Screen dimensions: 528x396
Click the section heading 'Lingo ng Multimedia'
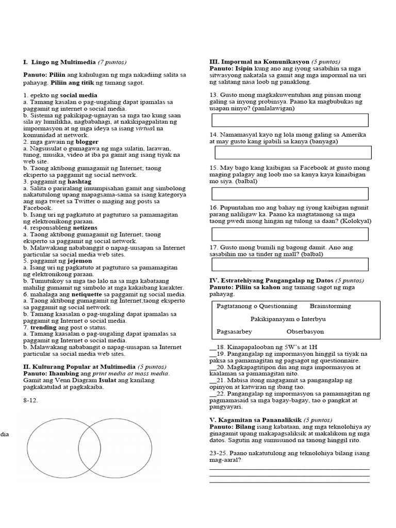coord(64,62)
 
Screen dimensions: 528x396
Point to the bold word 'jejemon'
coord(75,261)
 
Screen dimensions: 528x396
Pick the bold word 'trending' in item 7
coord(42,327)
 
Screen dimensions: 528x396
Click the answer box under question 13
coord(289,120)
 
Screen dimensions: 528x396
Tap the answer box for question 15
coord(289,193)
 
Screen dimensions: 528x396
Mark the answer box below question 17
coord(289,264)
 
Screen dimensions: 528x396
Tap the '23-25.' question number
coord(219,452)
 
